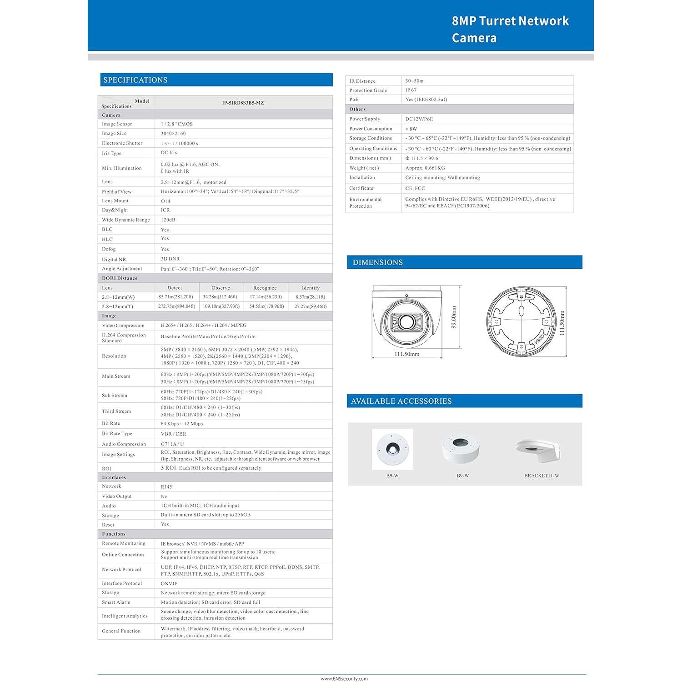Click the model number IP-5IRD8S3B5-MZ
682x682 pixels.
tap(243, 103)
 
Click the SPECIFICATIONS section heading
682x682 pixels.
tap(135, 80)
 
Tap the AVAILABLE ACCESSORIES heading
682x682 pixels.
tap(401, 401)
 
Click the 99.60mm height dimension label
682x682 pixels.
tap(453, 317)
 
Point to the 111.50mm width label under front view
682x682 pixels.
tap(407, 354)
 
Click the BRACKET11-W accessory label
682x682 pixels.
tap(542, 476)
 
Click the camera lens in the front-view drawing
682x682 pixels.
tap(406, 321)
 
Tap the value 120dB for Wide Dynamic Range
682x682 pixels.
tap(168, 220)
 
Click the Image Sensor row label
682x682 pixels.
tap(117, 124)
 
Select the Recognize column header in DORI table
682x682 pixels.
tap(265, 288)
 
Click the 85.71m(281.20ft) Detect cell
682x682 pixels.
tap(176, 297)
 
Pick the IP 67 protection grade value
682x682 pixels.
tap(411, 90)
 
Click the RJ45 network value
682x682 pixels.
tap(166, 486)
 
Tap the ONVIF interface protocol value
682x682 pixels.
tap(169, 583)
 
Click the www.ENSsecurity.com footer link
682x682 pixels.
tap(344, 679)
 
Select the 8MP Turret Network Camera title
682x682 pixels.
tap(510, 29)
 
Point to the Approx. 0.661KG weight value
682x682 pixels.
tap(425, 168)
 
